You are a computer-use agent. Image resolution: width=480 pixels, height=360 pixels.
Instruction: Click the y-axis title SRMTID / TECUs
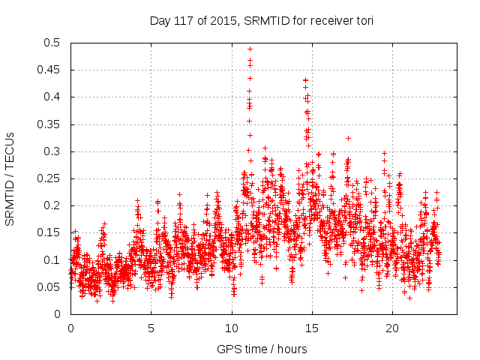(10, 178)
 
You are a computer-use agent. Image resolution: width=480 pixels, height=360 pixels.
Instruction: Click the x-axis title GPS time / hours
(262, 349)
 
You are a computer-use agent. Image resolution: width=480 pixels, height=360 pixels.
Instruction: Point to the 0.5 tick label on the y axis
(52, 43)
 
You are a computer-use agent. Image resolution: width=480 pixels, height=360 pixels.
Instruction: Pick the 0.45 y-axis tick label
(49, 70)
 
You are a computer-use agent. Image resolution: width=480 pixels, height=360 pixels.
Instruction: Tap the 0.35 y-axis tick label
(49, 124)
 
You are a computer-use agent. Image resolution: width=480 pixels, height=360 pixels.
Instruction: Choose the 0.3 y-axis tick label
(52, 151)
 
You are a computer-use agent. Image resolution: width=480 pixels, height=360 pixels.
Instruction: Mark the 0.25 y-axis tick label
(49, 178)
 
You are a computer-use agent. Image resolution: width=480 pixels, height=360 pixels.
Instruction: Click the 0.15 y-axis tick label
(49, 232)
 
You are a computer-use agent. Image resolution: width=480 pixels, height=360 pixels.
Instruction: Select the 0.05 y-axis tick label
(49, 287)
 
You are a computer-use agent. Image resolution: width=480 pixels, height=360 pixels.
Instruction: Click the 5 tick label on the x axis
(151, 328)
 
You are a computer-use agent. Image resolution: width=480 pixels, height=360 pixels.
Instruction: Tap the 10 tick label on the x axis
(232, 328)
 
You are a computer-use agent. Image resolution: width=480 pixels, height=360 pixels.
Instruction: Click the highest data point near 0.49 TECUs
(250, 49)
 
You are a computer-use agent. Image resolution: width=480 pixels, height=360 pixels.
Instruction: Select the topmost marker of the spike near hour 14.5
(305, 79)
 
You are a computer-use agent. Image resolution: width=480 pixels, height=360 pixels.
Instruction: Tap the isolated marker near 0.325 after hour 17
(348, 138)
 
